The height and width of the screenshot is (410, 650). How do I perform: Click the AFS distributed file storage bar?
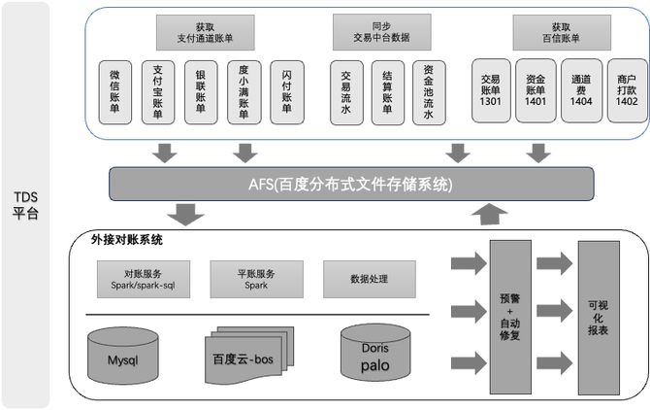pos(351,183)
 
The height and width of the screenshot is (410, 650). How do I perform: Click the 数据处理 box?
pos(369,280)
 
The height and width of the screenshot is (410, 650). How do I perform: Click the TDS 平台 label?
pos(27,205)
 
